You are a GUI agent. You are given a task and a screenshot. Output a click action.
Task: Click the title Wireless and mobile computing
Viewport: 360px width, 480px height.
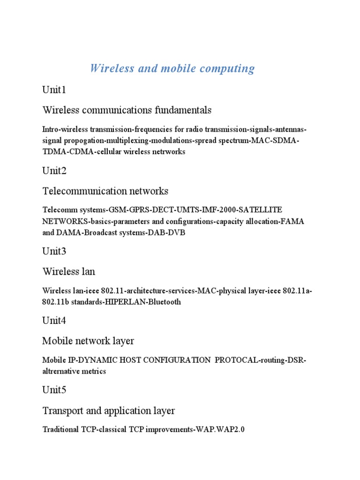(x=172, y=68)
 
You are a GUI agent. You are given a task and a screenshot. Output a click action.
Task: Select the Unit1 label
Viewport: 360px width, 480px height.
(x=54, y=90)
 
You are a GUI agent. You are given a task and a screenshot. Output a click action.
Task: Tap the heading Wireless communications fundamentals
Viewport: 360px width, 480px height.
(x=127, y=110)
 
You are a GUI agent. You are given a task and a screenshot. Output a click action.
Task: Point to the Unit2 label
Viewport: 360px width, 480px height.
(x=54, y=171)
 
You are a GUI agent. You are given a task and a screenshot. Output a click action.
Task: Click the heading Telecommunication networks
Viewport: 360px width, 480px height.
(x=105, y=191)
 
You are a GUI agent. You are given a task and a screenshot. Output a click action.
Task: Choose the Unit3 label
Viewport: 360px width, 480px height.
(x=54, y=251)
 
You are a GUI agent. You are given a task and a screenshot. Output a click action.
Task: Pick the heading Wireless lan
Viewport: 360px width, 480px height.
(x=69, y=271)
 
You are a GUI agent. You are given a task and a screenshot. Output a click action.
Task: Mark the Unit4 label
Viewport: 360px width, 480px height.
(x=54, y=321)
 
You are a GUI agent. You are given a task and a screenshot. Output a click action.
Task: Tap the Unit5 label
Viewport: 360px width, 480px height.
(x=54, y=390)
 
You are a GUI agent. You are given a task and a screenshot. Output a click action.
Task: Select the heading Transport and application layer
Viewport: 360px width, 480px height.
(x=108, y=411)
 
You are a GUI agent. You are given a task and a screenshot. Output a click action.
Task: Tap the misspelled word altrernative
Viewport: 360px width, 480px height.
(x=61, y=371)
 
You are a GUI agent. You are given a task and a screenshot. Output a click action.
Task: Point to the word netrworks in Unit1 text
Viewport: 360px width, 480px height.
(x=169, y=151)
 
